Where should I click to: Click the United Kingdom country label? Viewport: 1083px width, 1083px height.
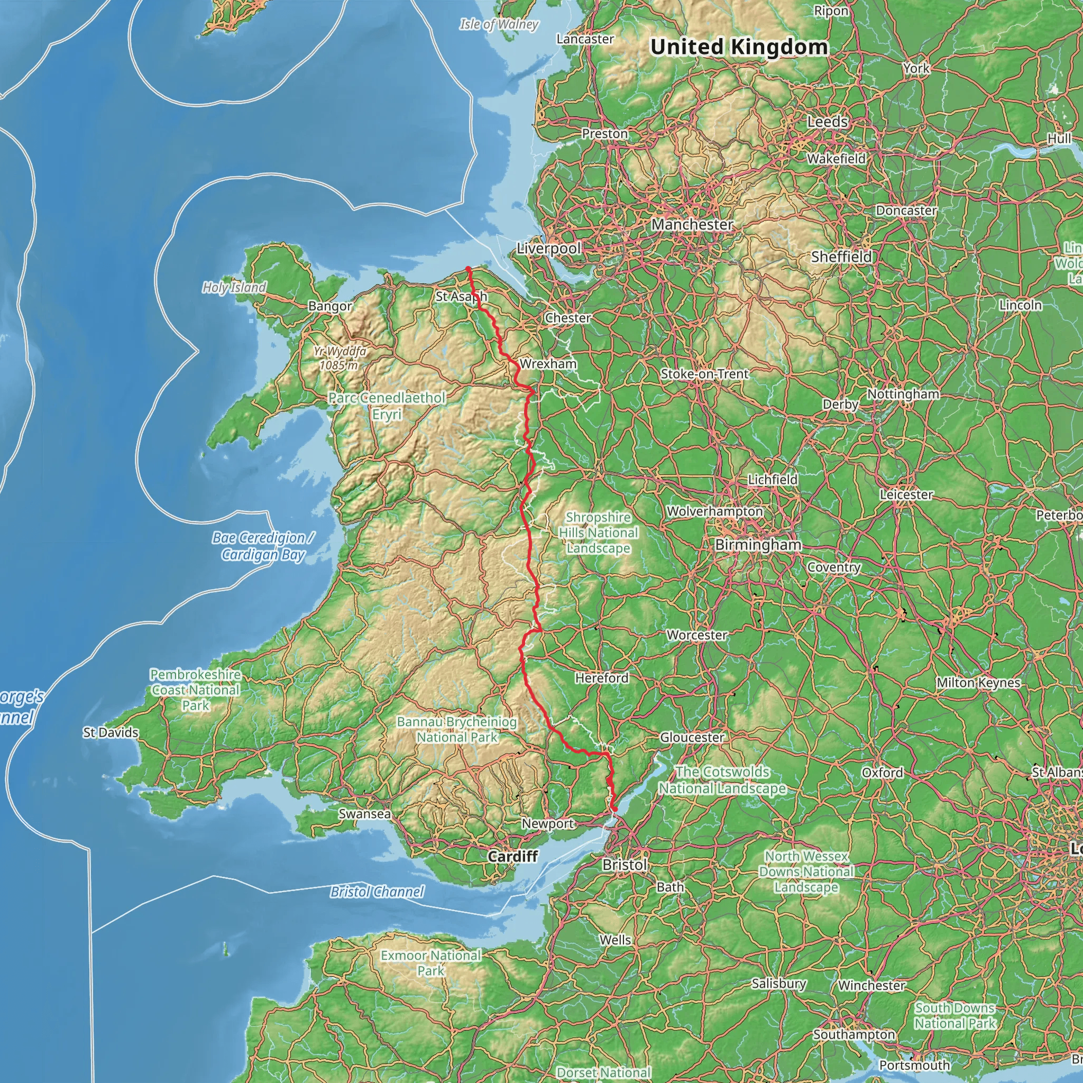(739, 47)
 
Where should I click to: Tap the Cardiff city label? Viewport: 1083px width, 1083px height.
(512, 856)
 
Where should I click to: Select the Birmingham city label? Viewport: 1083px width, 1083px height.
(758, 545)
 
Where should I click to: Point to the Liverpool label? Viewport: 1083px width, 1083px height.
(548, 249)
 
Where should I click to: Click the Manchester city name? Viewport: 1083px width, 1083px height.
(692, 225)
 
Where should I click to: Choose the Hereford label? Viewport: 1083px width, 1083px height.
(601, 678)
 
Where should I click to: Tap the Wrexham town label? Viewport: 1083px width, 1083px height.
(548, 364)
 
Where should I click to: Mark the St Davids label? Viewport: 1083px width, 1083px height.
(111, 732)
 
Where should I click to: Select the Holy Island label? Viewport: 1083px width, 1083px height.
(234, 288)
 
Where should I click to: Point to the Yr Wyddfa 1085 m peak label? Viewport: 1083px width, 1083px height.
(339, 358)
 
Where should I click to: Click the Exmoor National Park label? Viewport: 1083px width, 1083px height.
(430, 962)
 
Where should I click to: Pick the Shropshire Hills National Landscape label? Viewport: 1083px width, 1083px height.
(598, 533)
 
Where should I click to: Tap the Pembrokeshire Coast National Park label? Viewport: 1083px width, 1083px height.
(195, 690)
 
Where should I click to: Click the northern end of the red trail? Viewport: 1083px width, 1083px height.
(468, 269)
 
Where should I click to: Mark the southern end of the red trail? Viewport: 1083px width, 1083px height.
(615, 810)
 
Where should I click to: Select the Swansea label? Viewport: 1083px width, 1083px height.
(364, 813)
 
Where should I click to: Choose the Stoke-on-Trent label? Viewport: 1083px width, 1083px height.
(704, 374)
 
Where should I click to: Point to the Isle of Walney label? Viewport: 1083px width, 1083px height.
(498, 24)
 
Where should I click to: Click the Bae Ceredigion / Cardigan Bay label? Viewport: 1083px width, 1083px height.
(262, 546)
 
